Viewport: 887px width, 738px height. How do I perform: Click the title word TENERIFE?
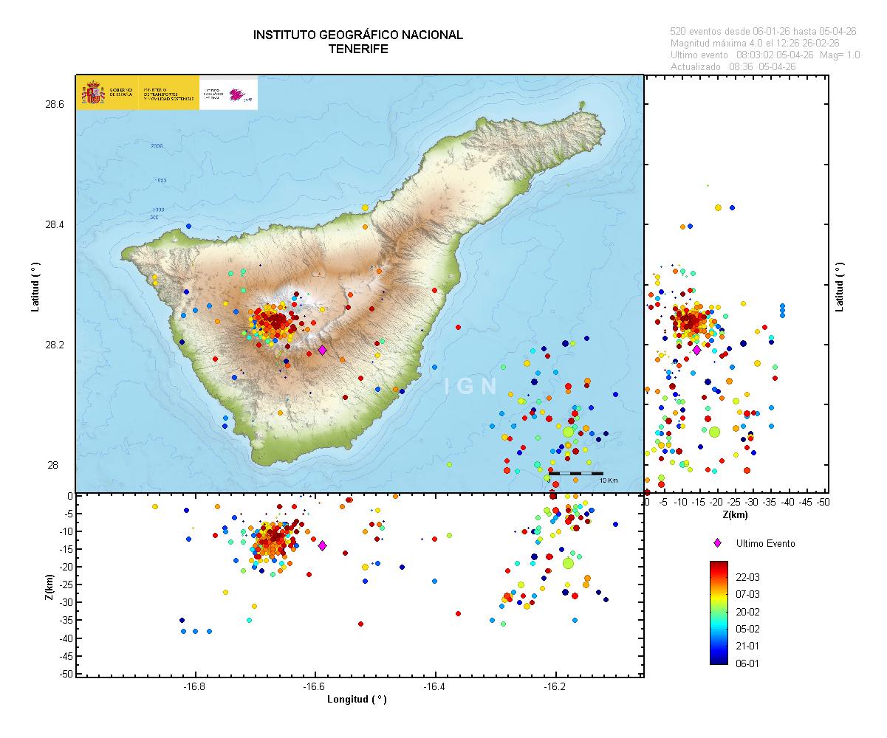point(358,49)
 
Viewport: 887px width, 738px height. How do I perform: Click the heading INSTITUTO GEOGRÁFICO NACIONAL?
point(358,35)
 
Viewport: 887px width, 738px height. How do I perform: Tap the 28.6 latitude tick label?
point(55,105)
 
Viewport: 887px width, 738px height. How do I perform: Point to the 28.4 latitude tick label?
point(55,225)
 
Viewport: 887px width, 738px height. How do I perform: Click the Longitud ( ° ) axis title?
point(357,700)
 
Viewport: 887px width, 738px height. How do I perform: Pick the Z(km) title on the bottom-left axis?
point(49,586)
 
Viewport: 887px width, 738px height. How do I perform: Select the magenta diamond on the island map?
point(322,350)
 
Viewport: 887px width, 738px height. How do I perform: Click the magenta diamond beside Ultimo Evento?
point(716,543)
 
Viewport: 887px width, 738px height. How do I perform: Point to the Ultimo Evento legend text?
point(766,543)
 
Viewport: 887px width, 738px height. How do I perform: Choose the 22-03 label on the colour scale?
point(748,577)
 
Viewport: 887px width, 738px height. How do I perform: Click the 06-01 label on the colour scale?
point(748,663)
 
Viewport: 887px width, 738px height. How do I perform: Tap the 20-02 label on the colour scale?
point(748,612)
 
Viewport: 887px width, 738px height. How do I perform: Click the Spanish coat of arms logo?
point(92,94)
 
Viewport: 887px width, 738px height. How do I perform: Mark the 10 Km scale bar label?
point(608,480)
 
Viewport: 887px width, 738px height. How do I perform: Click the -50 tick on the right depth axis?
point(823,503)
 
